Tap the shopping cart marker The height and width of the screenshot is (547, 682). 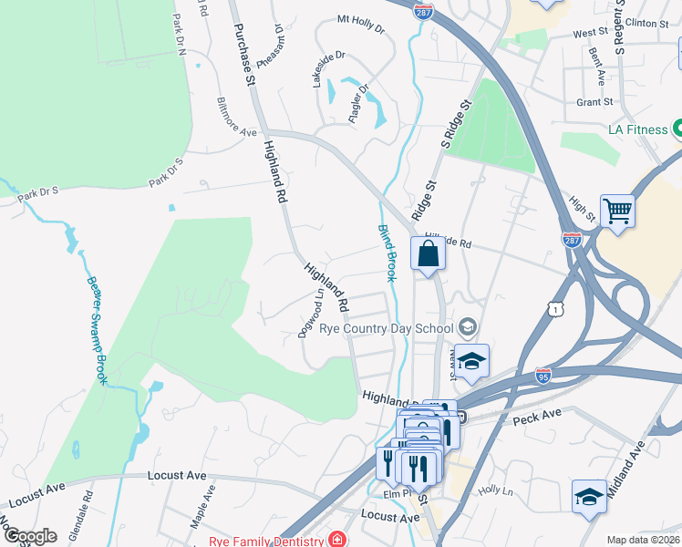coord(618,212)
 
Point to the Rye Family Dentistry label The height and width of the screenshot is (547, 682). coord(267,541)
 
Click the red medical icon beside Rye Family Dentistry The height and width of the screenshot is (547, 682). coord(338,541)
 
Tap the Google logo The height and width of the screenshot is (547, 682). coord(30,536)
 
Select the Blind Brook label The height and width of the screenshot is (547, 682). coord(387,253)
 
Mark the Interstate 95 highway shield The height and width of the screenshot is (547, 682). coord(543,375)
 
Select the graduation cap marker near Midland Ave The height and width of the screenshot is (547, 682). coord(589,498)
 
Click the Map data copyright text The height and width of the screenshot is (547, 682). coord(644,540)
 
